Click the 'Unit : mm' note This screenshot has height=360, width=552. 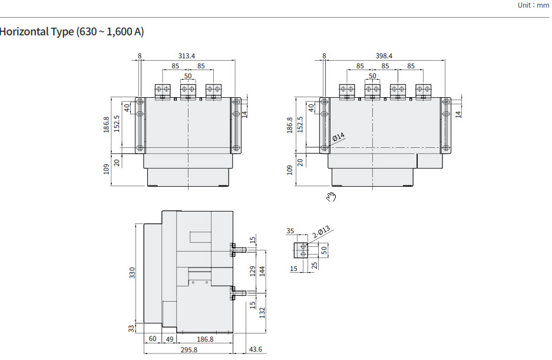click(x=533, y=5)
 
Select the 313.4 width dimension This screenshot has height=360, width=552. click(x=187, y=55)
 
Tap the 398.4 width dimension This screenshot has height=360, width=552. click(x=384, y=55)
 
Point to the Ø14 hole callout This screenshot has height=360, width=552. click(x=338, y=137)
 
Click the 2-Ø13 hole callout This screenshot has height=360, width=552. click(x=322, y=233)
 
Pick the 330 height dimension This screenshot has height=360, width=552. click(x=133, y=273)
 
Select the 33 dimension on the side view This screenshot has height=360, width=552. click(x=132, y=328)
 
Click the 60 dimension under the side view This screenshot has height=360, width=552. click(x=153, y=339)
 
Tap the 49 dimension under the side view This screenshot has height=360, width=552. click(x=169, y=339)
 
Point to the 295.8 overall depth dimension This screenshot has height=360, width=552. click(x=189, y=350)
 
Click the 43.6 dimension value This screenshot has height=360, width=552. click(x=256, y=350)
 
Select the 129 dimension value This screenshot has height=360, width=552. click(x=253, y=270)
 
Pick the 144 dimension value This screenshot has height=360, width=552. click(x=263, y=270)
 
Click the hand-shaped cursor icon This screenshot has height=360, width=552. click(x=332, y=197)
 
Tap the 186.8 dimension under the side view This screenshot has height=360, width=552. click(x=204, y=339)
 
